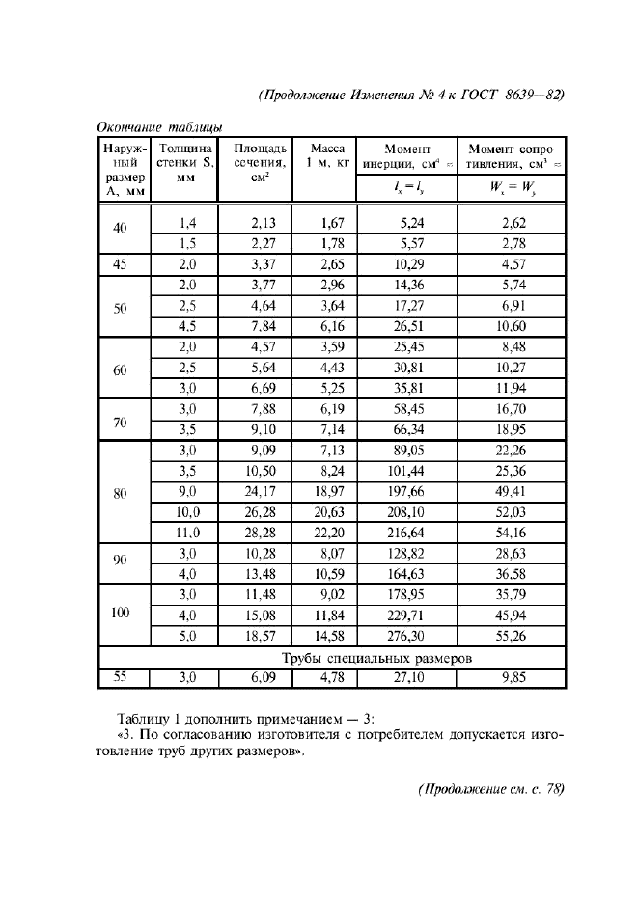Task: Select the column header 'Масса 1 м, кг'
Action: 323,156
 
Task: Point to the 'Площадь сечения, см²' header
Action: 256,163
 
